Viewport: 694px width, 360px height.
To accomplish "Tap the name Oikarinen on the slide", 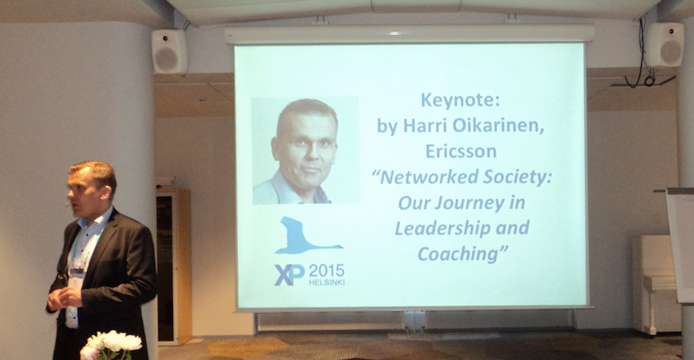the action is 501,126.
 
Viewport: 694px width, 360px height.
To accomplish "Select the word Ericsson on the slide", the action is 460,152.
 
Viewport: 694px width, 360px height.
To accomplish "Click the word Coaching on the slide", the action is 459,254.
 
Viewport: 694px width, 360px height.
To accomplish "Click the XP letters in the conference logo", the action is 289,275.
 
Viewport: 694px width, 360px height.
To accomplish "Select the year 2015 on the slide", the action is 327,270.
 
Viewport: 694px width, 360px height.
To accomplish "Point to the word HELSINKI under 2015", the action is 327,282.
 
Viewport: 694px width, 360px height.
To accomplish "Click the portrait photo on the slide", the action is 305,150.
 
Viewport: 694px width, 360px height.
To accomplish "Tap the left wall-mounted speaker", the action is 169,51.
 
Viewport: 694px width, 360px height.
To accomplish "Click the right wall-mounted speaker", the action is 664,44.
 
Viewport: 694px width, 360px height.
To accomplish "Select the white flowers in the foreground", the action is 111,345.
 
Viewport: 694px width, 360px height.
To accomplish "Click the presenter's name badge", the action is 76,276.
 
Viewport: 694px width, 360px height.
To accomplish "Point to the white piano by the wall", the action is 656,283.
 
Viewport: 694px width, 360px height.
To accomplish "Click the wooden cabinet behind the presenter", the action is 174,266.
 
